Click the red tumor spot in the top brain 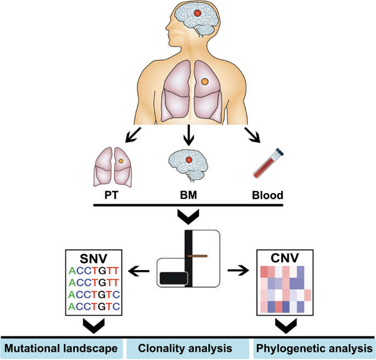tap(197, 12)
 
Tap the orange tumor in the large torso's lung tap(205, 81)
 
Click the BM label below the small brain tap(188, 194)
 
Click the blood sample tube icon tap(267, 165)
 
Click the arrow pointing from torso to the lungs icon tap(132, 133)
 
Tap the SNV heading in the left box tap(95, 258)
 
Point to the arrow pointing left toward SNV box tap(140, 269)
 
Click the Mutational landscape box tap(61, 348)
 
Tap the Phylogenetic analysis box tap(315, 348)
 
